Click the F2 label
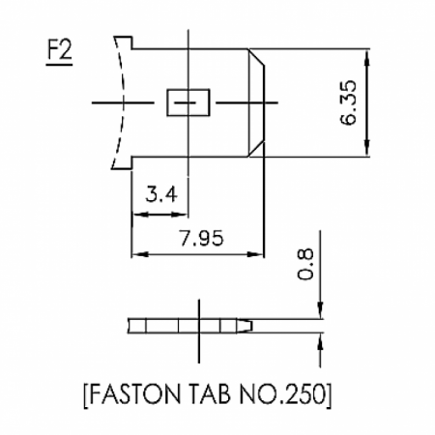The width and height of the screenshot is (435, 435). tap(60, 50)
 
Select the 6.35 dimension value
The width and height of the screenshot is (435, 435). tap(349, 102)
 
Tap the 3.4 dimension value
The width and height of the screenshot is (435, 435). tap(161, 194)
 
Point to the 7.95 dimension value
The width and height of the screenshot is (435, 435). tap(201, 239)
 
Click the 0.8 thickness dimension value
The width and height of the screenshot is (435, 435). tap(304, 264)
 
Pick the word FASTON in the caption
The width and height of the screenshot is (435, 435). tap(134, 394)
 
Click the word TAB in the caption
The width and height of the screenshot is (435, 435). tap(210, 394)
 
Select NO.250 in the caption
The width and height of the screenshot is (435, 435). tap(282, 394)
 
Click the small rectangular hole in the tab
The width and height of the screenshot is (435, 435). tap(188, 102)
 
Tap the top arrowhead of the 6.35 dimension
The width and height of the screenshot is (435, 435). tap(367, 58)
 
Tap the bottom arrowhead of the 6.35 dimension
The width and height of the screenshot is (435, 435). tap(367, 148)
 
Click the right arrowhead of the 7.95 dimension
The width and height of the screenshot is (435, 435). tap(255, 254)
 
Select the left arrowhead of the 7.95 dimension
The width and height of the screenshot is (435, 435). tap(140, 254)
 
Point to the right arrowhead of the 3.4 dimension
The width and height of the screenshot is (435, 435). tap(180, 215)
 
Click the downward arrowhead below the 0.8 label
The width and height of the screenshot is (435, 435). tap(320, 310)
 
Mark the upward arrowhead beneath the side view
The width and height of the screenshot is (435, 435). tap(320, 342)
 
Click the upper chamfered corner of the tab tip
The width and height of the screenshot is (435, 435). tap(256, 57)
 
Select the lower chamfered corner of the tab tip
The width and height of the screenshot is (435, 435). tap(256, 149)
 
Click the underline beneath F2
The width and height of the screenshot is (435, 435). tap(59, 65)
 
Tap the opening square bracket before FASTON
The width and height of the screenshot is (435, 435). tap(86, 396)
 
